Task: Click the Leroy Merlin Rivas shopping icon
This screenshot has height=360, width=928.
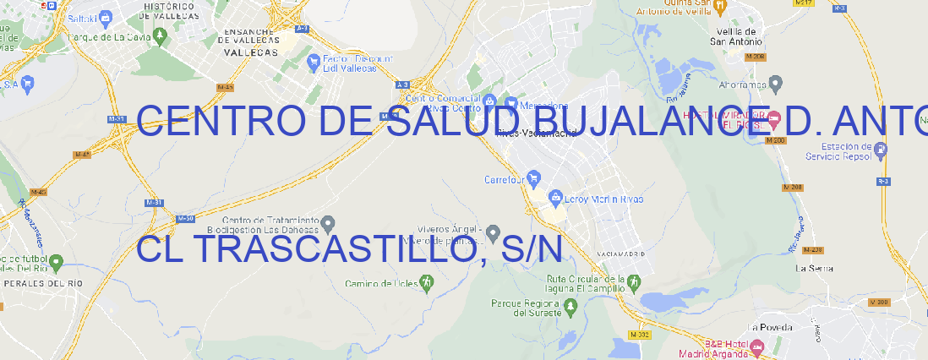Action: click(555, 199)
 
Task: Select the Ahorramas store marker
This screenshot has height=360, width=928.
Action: click(776, 84)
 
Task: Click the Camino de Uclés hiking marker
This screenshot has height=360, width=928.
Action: click(426, 282)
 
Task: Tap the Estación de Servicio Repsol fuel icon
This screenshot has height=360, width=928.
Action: click(882, 150)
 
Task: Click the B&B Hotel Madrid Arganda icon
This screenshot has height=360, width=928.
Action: click(757, 346)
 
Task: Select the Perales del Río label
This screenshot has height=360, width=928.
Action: click(44, 284)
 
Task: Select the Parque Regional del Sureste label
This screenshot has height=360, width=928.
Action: click(526, 308)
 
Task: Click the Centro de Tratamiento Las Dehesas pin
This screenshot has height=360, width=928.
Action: click(328, 223)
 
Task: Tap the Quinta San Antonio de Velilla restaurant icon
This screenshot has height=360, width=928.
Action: click(719, 7)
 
